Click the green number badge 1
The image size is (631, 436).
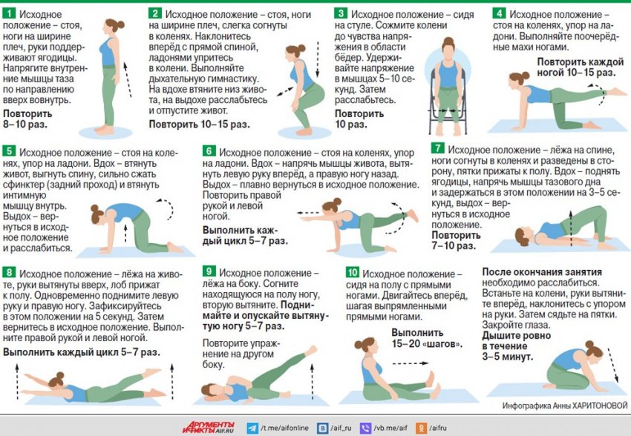[9, 13]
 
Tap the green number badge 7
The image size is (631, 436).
[438, 148]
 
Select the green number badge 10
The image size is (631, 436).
[352, 272]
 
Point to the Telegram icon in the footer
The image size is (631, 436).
[252, 428]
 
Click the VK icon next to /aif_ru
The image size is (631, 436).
[322, 428]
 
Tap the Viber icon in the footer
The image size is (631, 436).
[365, 428]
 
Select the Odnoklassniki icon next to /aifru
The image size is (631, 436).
[421, 428]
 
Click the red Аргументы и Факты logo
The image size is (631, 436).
[208, 427]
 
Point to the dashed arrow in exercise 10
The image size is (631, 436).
[410, 363]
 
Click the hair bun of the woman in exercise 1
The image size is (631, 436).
[120, 25]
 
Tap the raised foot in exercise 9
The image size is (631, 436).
[310, 351]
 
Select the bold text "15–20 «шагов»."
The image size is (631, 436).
[427, 344]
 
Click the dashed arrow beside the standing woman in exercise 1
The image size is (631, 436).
[128, 79]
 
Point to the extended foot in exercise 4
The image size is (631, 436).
[616, 93]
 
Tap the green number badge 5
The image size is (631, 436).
[9, 151]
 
